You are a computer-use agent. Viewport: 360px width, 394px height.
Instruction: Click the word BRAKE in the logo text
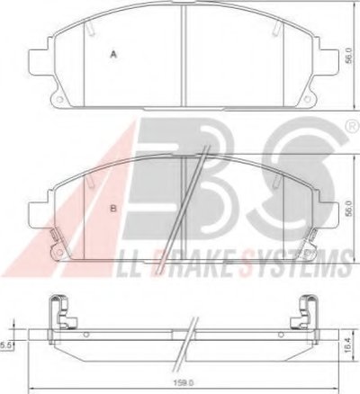point(202,262)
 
